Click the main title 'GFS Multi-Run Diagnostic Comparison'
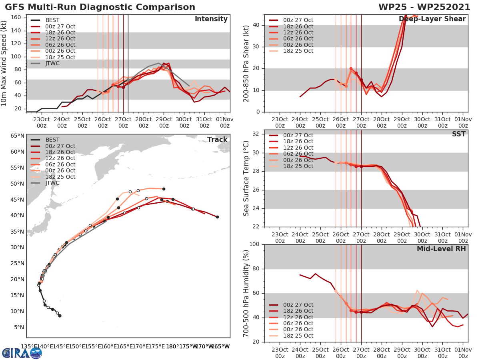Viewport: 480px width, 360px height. [x=100, y=7]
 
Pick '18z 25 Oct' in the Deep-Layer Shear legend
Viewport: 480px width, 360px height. [x=298, y=51]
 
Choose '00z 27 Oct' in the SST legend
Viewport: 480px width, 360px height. [x=298, y=135]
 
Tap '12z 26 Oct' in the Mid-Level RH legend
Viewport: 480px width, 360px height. [x=298, y=317]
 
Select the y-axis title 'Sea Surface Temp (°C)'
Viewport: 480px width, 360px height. [x=246, y=178]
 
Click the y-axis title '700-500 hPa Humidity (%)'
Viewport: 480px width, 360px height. [x=246, y=293]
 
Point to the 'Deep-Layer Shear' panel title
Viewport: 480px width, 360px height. [x=432, y=19]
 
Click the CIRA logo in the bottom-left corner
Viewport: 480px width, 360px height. [x=22, y=353]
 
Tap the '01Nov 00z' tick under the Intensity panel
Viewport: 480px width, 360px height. [x=225, y=122]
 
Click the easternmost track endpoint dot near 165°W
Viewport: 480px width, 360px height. [x=217, y=217]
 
